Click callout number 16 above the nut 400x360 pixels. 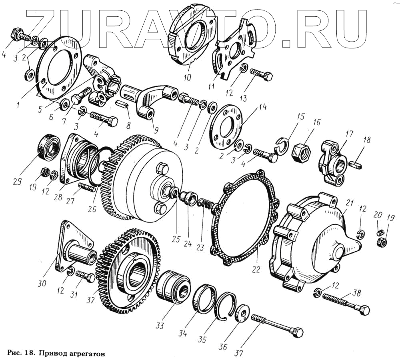317,123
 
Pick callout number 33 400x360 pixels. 160,326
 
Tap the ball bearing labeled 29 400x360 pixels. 49,146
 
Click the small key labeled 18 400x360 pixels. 356,164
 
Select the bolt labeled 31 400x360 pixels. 85,276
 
